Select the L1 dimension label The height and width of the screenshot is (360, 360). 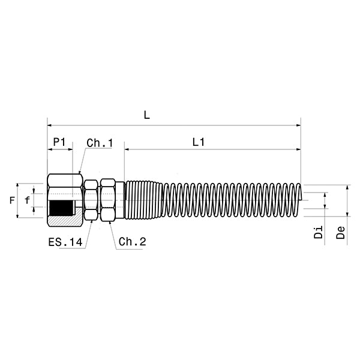[199, 142]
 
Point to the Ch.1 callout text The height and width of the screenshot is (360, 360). [100, 143]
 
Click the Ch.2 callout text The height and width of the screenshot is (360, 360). [132, 242]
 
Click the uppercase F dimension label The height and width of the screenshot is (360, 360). [13, 200]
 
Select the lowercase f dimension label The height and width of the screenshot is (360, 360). [26, 200]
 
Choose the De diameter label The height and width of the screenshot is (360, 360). [340, 233]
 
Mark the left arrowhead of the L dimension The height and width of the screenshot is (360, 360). [50, 125]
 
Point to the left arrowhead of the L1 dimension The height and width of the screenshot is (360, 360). [127, 148]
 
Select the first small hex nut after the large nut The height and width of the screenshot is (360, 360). [91, 200]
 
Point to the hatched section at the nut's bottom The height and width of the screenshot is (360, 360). [63, 221]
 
